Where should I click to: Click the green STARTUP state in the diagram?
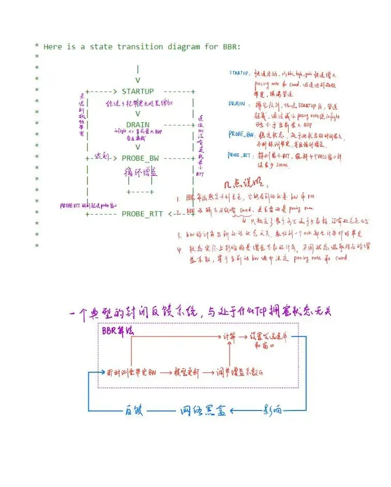coord(137,92)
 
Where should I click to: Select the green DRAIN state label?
coord(137,125)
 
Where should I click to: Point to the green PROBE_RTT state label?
coord(142,214)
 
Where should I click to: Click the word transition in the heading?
coord(138,47)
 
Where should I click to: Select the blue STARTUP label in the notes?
coord(240,73)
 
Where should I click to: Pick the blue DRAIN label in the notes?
coord(237,103)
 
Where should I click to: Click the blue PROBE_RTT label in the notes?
coord(240,155)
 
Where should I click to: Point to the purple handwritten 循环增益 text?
coord(140,172)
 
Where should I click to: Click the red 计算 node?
coord(229,336)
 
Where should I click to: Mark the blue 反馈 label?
coord(133,411)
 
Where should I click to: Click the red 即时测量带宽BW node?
coord(131,372)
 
